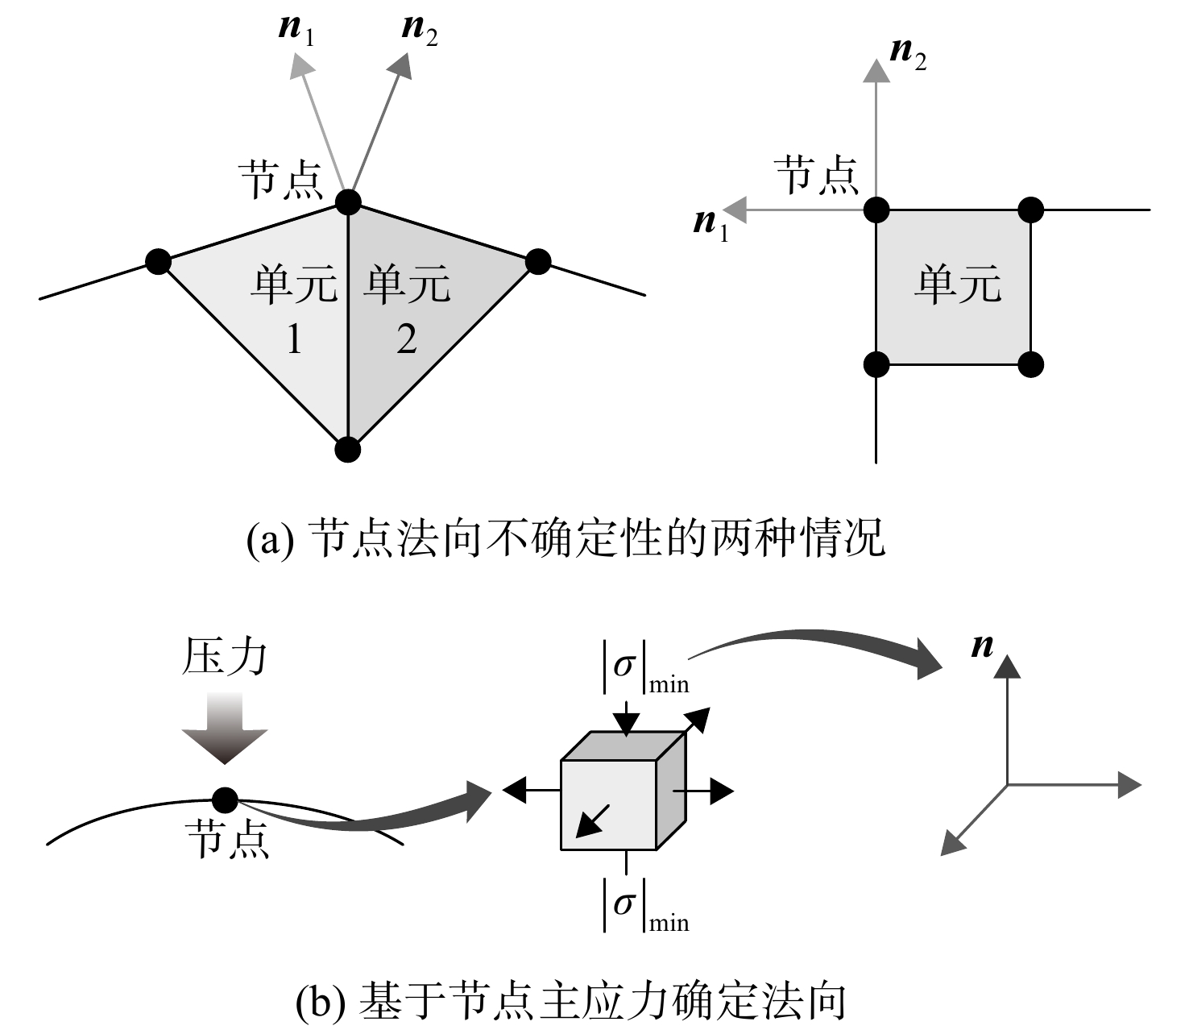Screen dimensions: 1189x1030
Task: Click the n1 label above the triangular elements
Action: [x=296, y=30]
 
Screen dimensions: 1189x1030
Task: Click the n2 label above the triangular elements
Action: [x=420, y=30]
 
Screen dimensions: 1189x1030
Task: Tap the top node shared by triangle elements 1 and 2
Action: [x=348, y=202]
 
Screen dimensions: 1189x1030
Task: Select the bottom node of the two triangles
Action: [x=347, y=450]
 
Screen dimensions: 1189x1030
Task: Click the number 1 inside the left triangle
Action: [x=294, y=339]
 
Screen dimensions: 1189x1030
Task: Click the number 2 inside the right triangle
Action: [x=407, y=339]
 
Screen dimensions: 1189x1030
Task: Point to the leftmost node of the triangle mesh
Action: [x=158, y=262]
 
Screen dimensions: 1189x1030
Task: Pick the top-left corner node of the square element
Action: [x=876, y=210]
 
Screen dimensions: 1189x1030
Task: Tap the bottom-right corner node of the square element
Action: [x=1030, y=364]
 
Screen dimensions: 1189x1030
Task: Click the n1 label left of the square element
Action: [x=711, y=225]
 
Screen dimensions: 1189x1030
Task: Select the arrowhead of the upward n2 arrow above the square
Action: [x=876, y=70]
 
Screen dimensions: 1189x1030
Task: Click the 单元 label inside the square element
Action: [x=958, y=284]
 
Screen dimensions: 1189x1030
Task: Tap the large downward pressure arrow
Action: [x=225, y=729]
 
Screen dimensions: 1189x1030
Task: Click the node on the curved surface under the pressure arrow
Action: [x=225, y=799]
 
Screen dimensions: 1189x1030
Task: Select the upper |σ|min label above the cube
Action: [x=645, y=668]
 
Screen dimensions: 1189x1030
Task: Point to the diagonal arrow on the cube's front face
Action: [x=593, y=820]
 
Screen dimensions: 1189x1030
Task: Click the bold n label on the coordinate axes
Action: [x=983, y=646]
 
